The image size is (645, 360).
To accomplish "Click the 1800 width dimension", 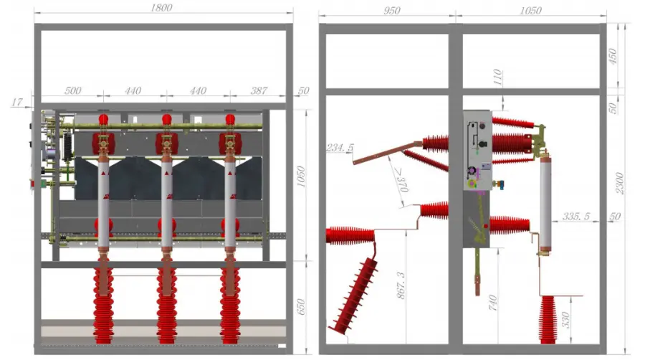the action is coord(161,7).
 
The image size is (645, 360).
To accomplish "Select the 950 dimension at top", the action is coord(391,10).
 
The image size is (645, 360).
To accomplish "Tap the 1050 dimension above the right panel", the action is coord(530,10).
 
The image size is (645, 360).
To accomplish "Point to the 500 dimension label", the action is coord(73,90).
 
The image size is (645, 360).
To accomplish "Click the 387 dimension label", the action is coord(259,90).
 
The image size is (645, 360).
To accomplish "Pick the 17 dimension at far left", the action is coord(17,102).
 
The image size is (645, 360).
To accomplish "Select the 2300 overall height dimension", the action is coord(619,184).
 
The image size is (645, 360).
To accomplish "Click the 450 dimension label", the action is coord(613,57).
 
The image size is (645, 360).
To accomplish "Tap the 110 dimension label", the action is coord(497,77).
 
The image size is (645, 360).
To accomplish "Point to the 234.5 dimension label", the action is coord(340,148).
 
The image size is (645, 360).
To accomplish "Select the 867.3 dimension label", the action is coord(401,285).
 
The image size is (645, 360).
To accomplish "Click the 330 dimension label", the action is coord(565,320).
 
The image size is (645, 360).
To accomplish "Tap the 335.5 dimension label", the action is coord(576,217).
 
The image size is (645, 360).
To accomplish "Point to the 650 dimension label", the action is coord(301,307).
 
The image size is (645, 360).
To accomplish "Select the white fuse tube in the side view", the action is coord(545,202).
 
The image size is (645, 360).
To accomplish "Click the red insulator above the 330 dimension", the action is coord(548,320).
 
